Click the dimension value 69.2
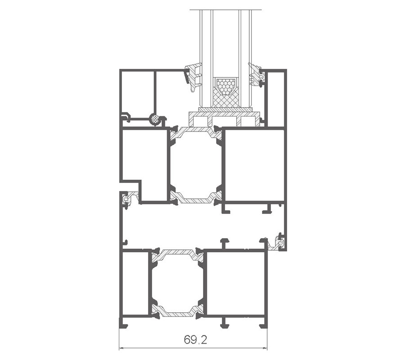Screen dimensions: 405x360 (x=196, y=340)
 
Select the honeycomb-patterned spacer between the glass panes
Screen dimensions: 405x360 (x=226, y=87)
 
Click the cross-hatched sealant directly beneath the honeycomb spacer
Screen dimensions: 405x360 (x=226, y=101)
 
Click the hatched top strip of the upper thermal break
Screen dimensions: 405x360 (x=196, y=131)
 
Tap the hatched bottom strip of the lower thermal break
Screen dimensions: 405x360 (x=177, y=311)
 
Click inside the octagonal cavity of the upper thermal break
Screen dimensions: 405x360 (x=196, y=165)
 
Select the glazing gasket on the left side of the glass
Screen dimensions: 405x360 (x=193, y=76)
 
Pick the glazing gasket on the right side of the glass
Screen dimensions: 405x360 (x=256, y=74)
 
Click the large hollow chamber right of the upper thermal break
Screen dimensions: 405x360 (x=255, y=165)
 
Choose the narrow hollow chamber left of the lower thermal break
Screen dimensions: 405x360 (x=135, y=283)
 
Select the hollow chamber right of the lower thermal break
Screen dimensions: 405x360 (x=236, y=283)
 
